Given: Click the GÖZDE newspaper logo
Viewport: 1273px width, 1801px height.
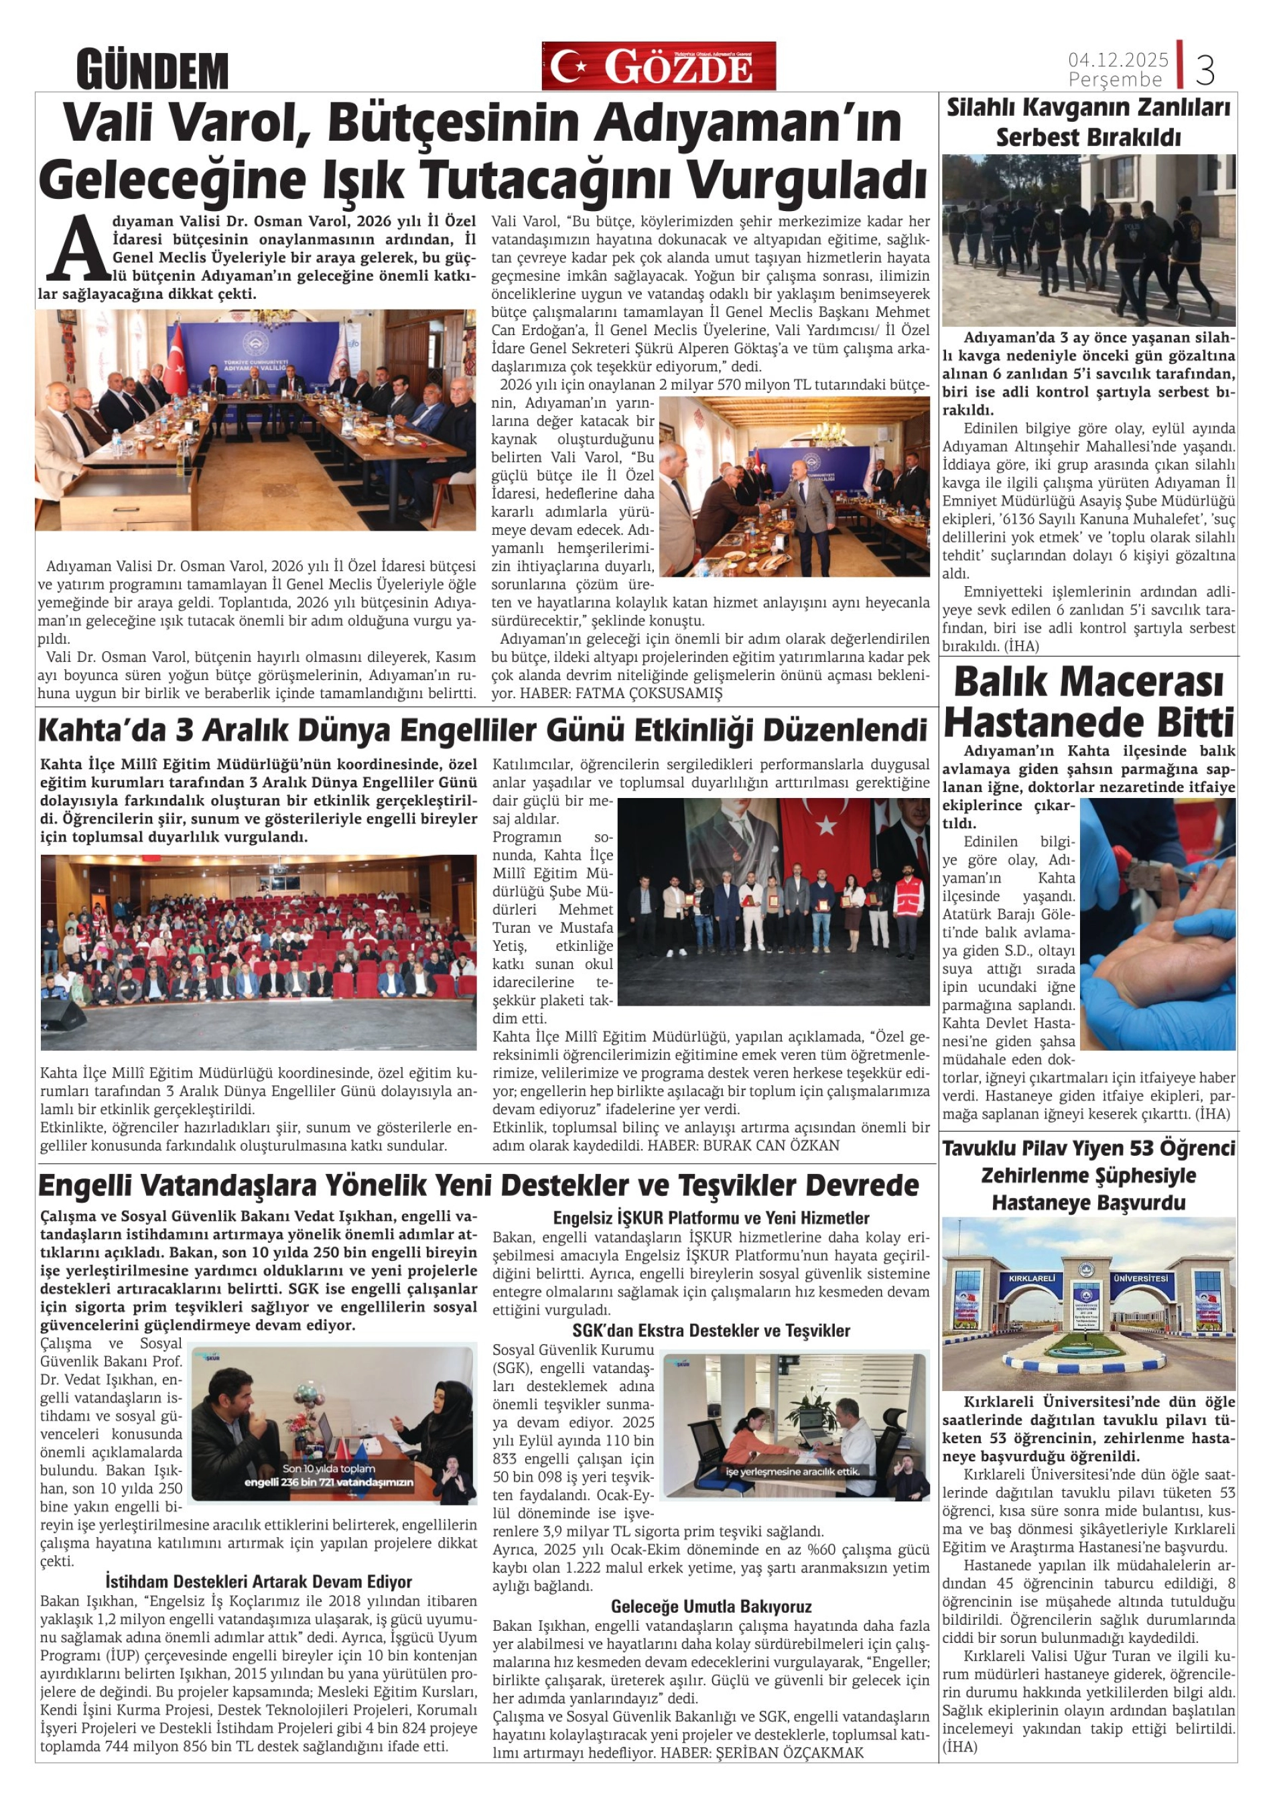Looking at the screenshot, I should tap(658, 66).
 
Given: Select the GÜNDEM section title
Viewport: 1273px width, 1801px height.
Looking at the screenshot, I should tap(152, 70).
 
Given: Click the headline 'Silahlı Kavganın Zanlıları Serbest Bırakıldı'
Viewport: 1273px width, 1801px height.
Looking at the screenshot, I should tap(1088, 121).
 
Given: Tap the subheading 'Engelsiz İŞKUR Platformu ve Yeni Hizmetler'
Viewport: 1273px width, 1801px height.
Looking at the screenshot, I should tap(711, 1218).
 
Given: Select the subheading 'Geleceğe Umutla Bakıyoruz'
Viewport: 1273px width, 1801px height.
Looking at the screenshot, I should tap(711, 1585).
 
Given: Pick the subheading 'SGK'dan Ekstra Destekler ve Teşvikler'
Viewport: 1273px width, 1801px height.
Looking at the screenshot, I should tap(711, 1331).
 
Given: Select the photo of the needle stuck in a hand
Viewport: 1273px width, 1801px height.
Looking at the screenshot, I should tap(1157, 924).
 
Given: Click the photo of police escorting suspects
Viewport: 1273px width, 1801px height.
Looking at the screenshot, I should tap(1088, 240).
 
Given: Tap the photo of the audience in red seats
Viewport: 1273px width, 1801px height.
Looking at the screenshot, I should tap(258, 951).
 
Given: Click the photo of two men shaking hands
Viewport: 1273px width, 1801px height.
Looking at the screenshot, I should tap(794, 487).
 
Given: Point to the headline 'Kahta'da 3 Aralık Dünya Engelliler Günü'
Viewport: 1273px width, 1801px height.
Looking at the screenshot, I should tap(482, 730).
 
